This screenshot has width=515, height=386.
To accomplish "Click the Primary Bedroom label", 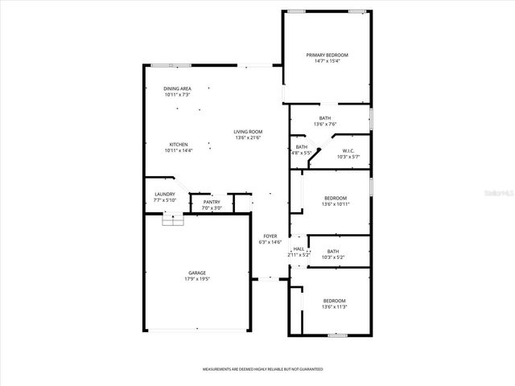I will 327,55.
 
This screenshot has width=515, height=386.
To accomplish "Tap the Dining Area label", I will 177,88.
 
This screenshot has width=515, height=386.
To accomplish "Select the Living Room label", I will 249,132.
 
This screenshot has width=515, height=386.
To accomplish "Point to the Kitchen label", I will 178,145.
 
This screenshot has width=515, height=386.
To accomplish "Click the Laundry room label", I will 164,195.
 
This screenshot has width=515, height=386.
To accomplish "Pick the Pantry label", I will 212,202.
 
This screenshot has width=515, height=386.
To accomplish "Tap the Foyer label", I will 270,236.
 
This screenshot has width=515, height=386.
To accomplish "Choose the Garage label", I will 197,273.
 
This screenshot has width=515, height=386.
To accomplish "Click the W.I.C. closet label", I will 348,151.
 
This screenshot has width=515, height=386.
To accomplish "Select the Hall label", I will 299,249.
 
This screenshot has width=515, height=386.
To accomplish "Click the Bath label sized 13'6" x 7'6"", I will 324,118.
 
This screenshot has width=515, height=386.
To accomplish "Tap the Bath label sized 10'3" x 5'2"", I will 333,251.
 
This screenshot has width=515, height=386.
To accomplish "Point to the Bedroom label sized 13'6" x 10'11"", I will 335,198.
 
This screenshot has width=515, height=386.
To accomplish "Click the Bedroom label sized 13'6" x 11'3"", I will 335,301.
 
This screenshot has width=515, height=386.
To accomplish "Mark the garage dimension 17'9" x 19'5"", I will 197,279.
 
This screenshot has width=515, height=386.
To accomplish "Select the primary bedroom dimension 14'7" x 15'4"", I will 327,61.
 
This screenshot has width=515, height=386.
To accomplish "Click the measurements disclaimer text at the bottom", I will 262,369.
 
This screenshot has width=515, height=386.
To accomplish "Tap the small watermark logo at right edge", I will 506,194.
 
